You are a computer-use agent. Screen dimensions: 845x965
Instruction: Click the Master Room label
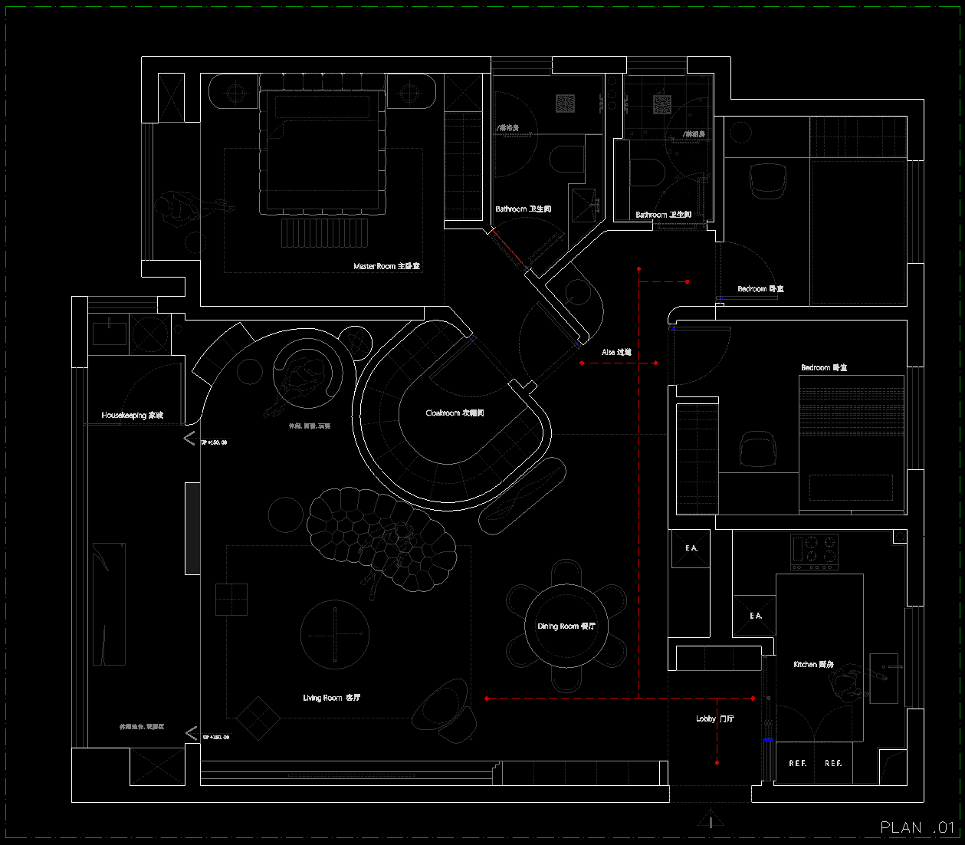pos(386,266)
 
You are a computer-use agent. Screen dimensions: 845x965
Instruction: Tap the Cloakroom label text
pos(455,413)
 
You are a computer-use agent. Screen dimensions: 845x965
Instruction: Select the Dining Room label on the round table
pos(566,626)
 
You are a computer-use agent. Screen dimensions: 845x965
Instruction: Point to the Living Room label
pos(331,698)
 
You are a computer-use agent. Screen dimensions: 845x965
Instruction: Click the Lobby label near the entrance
pos(714,719)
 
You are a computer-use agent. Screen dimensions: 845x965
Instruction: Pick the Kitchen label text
pos(813,664)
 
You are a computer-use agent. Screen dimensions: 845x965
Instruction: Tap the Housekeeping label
pos(132,416)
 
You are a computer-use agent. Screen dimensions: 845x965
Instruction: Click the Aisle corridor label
pos(616,353)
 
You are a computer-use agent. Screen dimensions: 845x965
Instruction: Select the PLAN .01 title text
pos(917,827)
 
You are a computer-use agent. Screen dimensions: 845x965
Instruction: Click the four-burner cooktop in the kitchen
pos(814,552)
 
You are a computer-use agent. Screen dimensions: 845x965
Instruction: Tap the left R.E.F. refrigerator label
pos(797,764)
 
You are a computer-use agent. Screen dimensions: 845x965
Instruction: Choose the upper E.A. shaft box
pos(691,548)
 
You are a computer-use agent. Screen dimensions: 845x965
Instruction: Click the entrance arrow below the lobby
pos(711,820)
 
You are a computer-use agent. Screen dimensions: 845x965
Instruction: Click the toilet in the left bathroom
pos(566,159)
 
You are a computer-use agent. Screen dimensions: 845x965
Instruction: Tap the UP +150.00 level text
pos(214,442)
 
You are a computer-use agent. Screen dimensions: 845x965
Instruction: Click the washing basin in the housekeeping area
pos(110,334)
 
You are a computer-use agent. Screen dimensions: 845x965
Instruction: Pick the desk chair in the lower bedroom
pos(758,449)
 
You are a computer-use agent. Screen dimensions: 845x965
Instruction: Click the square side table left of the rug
pos(231,600)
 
